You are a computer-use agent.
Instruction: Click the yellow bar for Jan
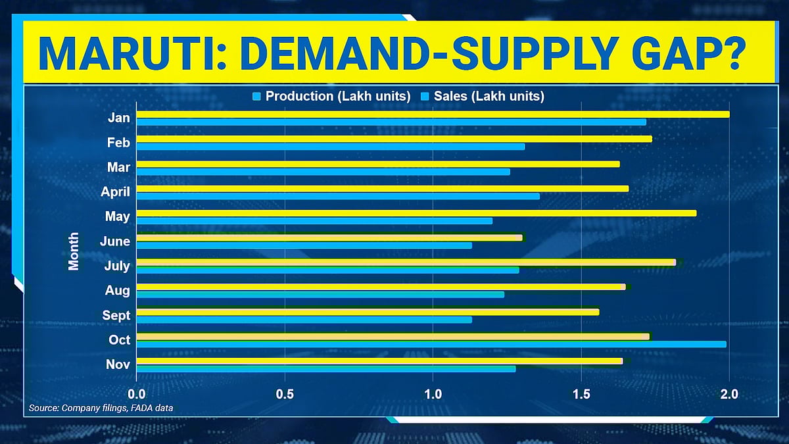pos(433,114)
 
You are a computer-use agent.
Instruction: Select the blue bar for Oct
pos(431,344)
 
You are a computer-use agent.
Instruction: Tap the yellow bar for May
pos(416,213)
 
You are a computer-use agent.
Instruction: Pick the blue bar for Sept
pos(304,320)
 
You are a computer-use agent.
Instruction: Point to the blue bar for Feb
pos(330,146)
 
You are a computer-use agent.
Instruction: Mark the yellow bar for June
pos(329,237)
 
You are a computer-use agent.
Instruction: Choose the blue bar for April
pos(338,196)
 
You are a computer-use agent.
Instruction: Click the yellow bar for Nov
pos(379,360)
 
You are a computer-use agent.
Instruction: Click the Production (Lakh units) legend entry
pos(331,96)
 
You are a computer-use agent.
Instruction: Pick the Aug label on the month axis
pos(118,290)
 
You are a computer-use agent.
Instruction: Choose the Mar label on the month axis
pos(119,167)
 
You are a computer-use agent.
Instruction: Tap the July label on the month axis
pos(116,266)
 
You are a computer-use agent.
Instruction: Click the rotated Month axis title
pos(74,251)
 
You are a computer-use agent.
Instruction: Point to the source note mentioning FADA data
pos(101,408)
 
